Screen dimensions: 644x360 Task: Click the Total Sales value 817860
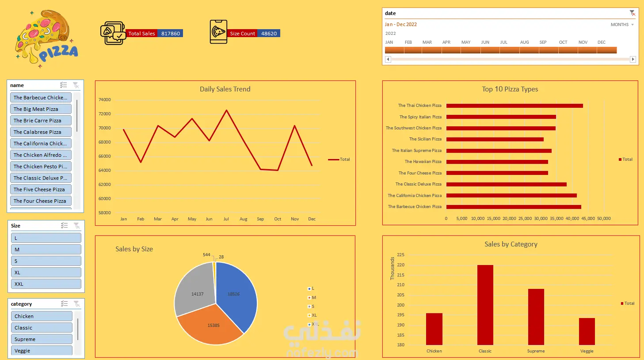pos(171,34)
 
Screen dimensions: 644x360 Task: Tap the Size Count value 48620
pos(269,34)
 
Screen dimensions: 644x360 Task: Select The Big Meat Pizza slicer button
pos(41,109)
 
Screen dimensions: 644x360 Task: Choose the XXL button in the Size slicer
pos(46,284)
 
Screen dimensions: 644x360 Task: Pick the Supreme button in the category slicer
pos(42,339)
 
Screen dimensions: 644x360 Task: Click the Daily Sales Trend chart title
pos(225,89)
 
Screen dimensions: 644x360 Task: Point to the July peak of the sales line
pos(227,110)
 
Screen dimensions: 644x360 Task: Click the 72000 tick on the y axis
pos(105,114)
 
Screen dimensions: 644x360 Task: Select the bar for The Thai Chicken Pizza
pos(514,106)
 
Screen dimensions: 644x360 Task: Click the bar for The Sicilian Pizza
pos(495,139)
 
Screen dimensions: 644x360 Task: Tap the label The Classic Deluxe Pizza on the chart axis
pos(418,184)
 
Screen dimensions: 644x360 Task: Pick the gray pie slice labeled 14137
pos(195,290)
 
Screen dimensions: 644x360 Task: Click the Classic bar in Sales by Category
pos(485,305)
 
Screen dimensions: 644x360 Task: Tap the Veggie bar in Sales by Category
pos(587,331)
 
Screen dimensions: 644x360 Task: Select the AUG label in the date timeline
pos(524,42)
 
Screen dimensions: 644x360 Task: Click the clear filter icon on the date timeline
pos(632,13)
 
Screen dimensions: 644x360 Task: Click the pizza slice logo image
pos(46,39)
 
